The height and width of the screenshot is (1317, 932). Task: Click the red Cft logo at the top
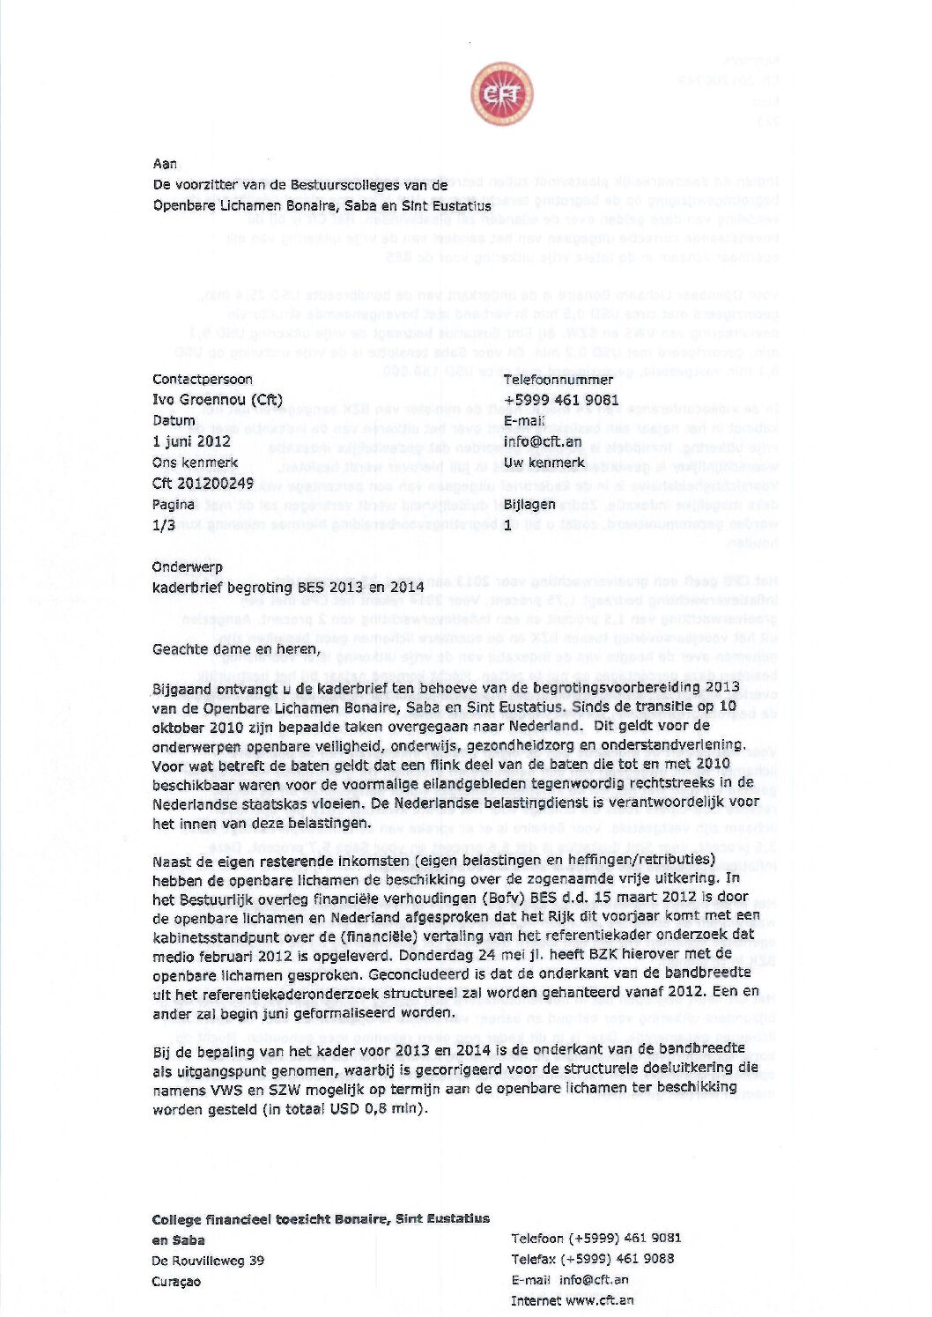point(501,94)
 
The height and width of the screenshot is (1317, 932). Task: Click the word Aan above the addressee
point(165,164)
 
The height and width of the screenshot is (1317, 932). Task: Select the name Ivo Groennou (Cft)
point(217,400)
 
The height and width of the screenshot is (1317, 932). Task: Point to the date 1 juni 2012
point(191,441)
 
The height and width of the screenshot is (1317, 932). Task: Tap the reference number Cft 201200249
point(203,484)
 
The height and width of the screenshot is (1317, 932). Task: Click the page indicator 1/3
point(164,525)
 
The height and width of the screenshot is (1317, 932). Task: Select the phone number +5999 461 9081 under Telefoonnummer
point(561,400)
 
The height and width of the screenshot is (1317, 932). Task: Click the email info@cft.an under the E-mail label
point(543,441)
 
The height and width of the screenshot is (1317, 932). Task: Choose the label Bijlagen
point(529,505)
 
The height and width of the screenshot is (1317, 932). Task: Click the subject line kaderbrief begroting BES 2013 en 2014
point(288,588)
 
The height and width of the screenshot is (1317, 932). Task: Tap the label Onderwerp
point(188,567)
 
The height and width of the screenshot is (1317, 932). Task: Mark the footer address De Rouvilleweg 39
point(208,1261)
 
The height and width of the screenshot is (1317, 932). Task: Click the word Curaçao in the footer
point(176,1282)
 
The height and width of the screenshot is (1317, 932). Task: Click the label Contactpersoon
point(203,380)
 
